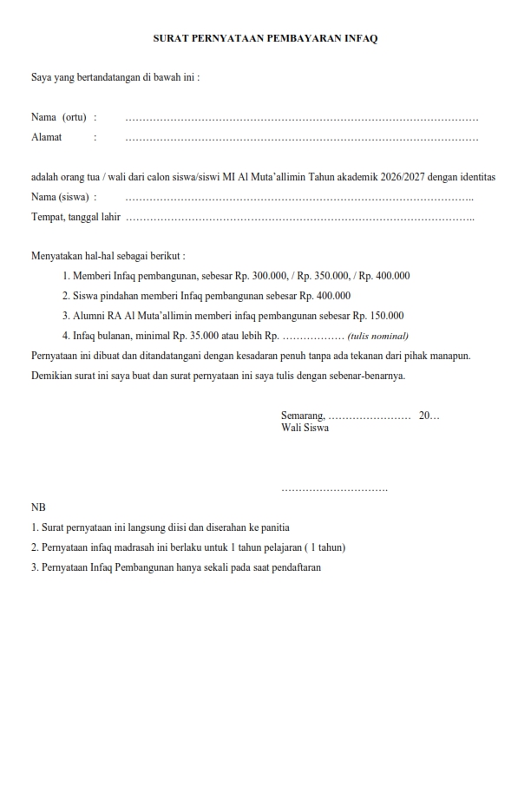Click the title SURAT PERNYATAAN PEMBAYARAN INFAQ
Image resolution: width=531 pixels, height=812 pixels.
265,39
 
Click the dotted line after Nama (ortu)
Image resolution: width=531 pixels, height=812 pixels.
301,118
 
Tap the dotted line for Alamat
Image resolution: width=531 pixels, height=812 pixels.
301,138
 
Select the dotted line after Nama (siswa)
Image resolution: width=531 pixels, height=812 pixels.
299,198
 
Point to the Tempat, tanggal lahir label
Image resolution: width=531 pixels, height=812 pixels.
75,217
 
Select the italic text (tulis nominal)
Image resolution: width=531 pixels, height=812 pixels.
377,337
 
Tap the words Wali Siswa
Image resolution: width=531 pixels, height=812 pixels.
305,428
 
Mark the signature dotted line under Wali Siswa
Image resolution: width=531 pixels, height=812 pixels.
334,491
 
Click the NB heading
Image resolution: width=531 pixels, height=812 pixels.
38,507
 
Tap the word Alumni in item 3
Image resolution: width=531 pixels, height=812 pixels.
89,316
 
